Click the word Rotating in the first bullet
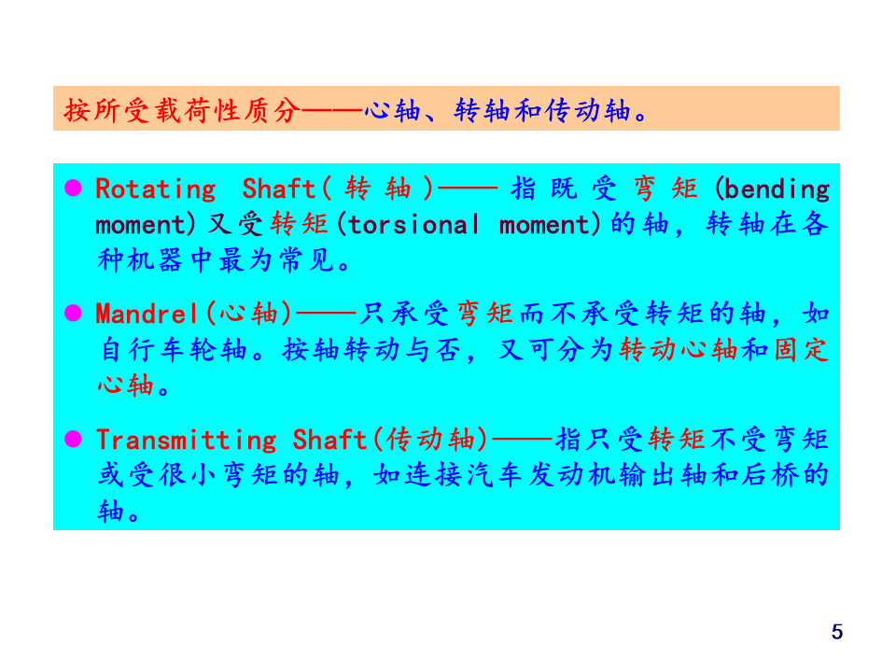[x=155, y=189]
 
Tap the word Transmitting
[x=186, y=440]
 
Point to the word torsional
[x=414, y=225]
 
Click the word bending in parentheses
[x=777, y=189]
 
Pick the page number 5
[x=836, y=632]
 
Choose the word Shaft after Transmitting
[x=329, y=440]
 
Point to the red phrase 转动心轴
[x=679, y=351]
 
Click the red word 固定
[x=802, y=351]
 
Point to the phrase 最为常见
[x=281, y=261]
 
